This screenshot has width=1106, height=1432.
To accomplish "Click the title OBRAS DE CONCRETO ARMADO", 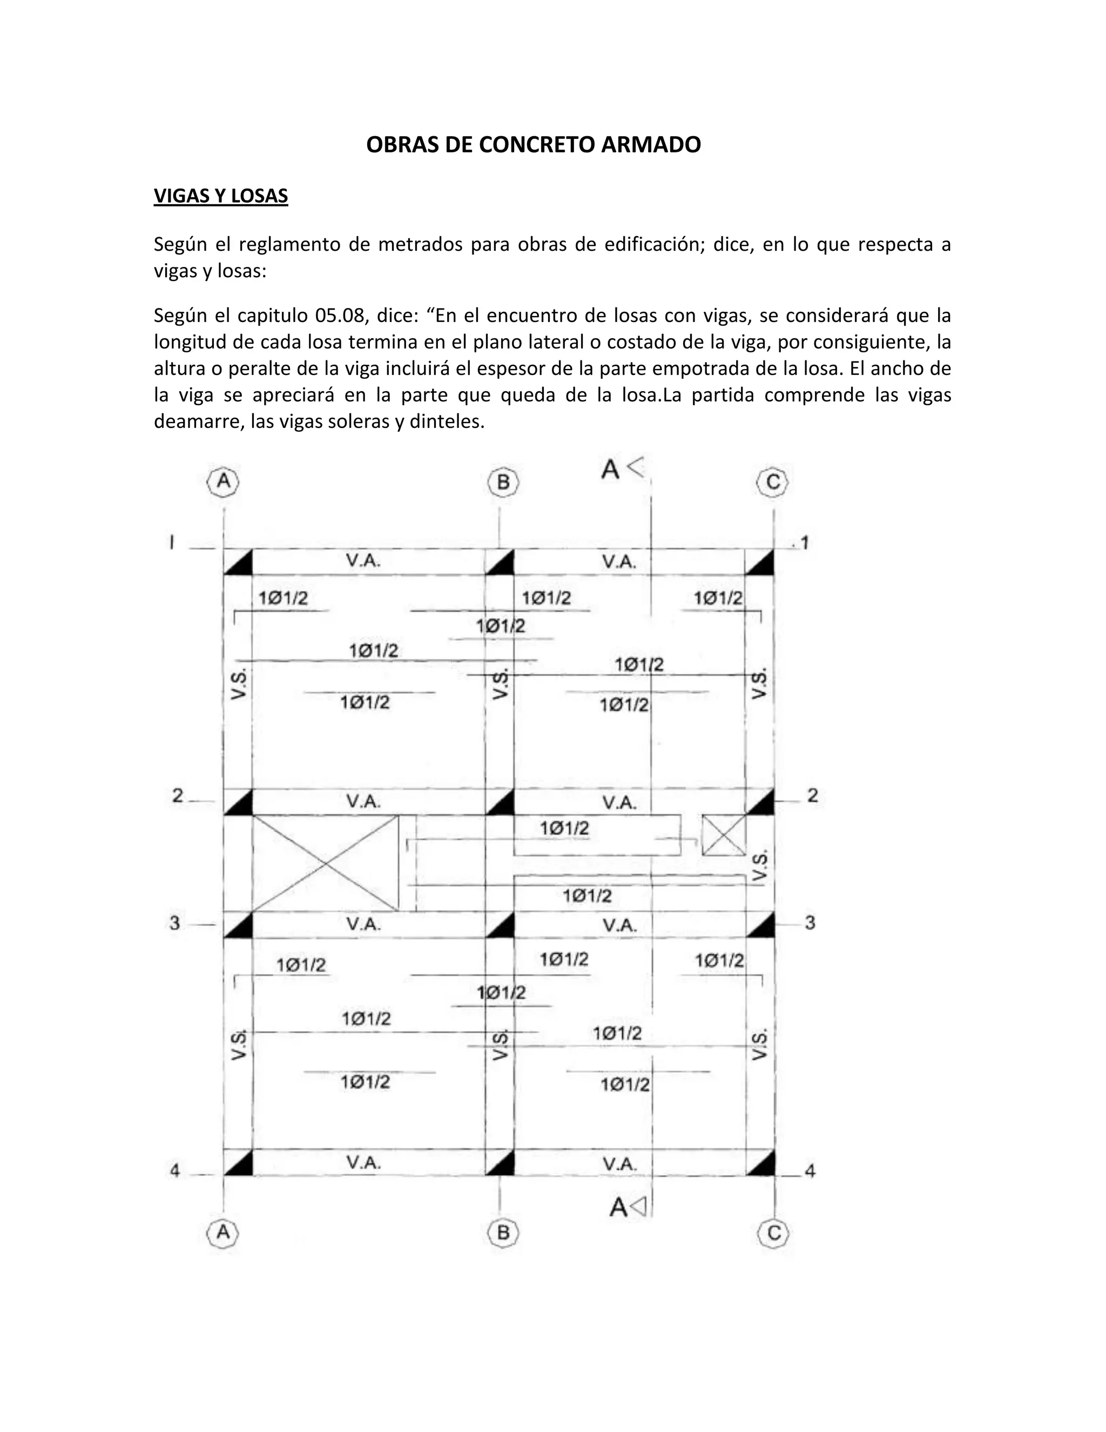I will click(534, 145).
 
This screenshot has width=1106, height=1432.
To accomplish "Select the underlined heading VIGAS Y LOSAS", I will click(221, 196).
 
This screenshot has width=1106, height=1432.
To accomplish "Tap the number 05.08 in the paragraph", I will click(339, 316).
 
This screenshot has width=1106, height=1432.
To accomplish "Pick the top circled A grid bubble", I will click(224, 482).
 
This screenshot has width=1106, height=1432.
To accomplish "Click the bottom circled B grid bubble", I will click(503, 1233).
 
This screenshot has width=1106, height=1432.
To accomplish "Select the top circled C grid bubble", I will click(773, 483).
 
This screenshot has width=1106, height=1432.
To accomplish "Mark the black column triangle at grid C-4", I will click(760, 1163).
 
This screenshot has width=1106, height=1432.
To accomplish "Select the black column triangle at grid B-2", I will click(500, 802).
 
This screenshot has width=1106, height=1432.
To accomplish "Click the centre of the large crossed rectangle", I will click(325, 863).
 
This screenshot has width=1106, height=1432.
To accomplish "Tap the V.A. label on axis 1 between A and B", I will click(363, 561).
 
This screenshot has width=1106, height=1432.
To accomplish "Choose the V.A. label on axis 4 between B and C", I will click(620, 1164).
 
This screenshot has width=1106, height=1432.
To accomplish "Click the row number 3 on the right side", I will click(810, 923).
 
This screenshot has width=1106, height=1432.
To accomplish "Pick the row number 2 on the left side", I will click(178, 796).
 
